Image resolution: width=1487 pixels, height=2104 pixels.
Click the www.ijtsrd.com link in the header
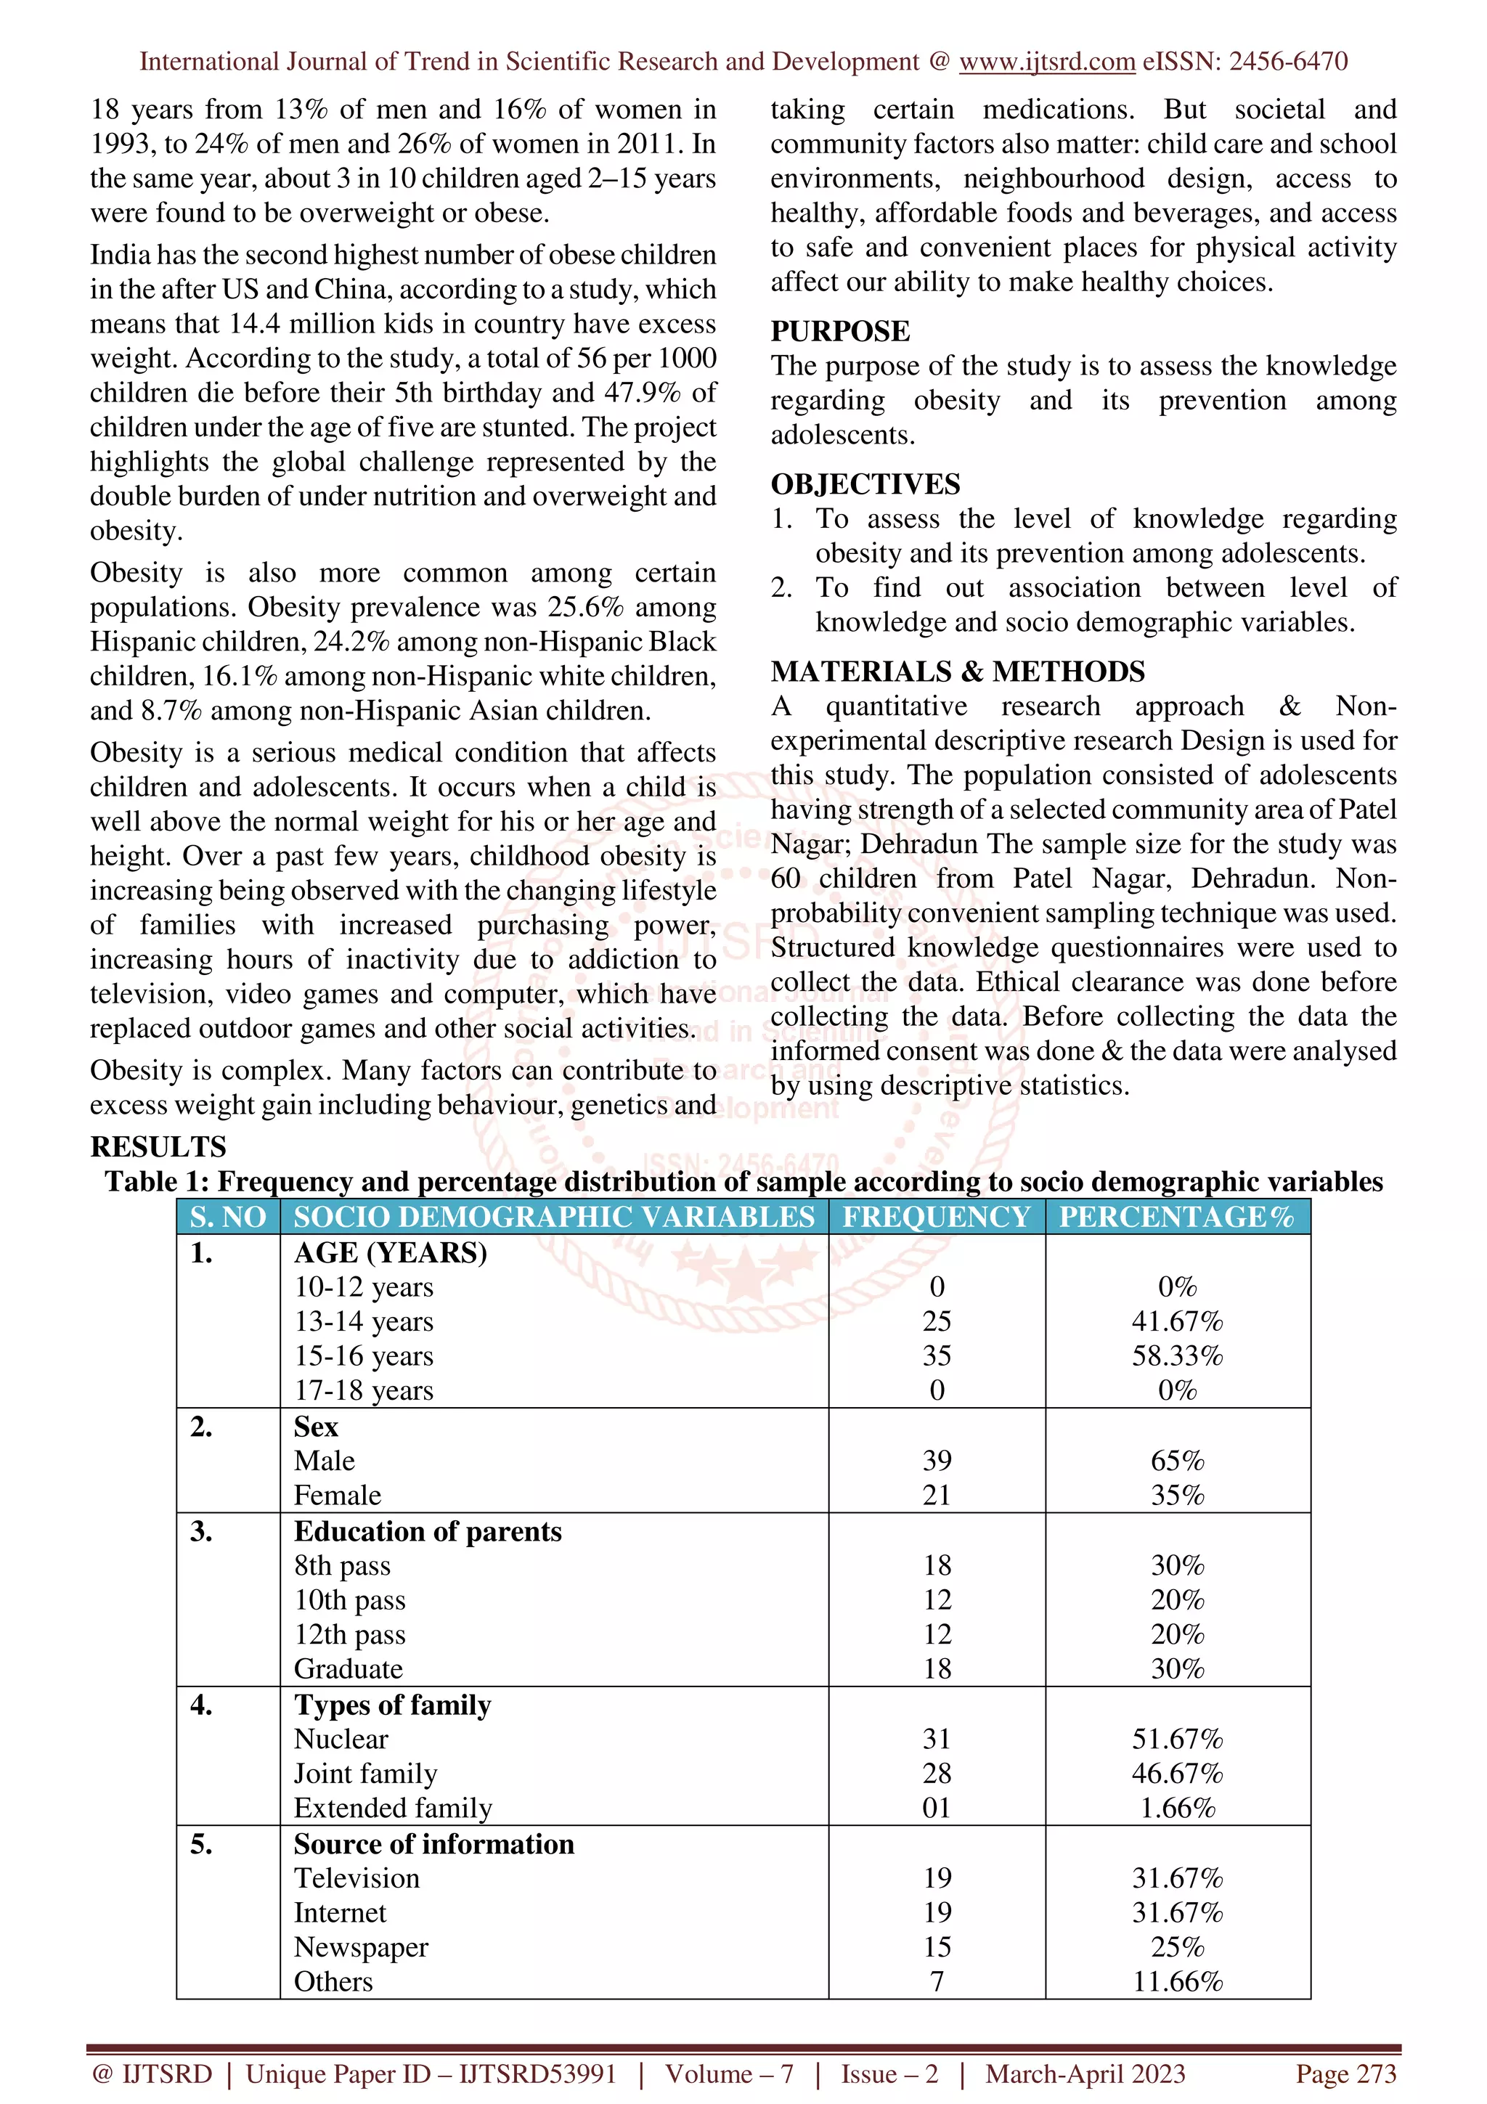(x=1046, y=62)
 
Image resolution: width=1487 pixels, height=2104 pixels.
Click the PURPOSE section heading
(x=840, y=331)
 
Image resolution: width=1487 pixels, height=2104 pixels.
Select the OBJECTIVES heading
(x=865, y=484)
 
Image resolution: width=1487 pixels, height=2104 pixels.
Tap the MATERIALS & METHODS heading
(x=958, y=672)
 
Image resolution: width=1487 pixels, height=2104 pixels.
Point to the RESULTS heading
(x=158, y=1146)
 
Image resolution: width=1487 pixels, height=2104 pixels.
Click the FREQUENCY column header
(x=937, y=1217)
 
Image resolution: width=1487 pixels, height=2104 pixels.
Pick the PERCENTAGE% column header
(x=1176, y=1217)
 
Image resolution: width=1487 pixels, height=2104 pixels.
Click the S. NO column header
(x=228, y=1217)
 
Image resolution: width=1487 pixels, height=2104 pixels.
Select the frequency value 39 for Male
(x=937, y=1461)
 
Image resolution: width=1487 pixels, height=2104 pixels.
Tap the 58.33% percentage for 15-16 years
(x=1177, y=1356)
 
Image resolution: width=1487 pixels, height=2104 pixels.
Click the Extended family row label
(x=393, y=1808)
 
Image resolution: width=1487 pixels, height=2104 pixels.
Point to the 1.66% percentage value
(x=1177, y=1808)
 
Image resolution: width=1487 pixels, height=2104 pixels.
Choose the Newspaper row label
(x=361, y=1947)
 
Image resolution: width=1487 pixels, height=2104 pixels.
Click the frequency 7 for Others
(x=937, y=1981)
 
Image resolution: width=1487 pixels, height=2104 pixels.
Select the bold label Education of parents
(x=428, y=1531)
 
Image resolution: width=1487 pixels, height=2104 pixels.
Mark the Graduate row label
(x=349, y=1668)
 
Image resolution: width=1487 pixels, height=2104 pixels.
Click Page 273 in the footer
(x=1345, y=2074)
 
